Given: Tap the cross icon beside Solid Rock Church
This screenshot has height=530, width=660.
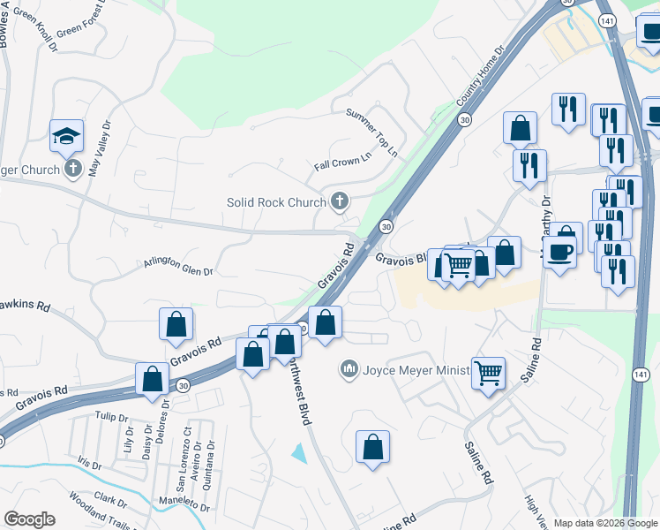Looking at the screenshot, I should click(338, 202).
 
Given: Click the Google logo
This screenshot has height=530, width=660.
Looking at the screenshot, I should click(29, 519).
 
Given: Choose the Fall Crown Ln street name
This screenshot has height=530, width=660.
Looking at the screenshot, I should click(342, 160).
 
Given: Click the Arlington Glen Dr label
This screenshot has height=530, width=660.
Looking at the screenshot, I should click(179, 263).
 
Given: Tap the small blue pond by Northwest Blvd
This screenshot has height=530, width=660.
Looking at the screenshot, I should click(299, 454).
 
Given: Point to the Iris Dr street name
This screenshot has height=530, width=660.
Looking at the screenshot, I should click(89, 463).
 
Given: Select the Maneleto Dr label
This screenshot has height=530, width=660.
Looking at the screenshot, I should click(184, 503).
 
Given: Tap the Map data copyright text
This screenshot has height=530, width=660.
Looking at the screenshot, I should click(605, 523).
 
